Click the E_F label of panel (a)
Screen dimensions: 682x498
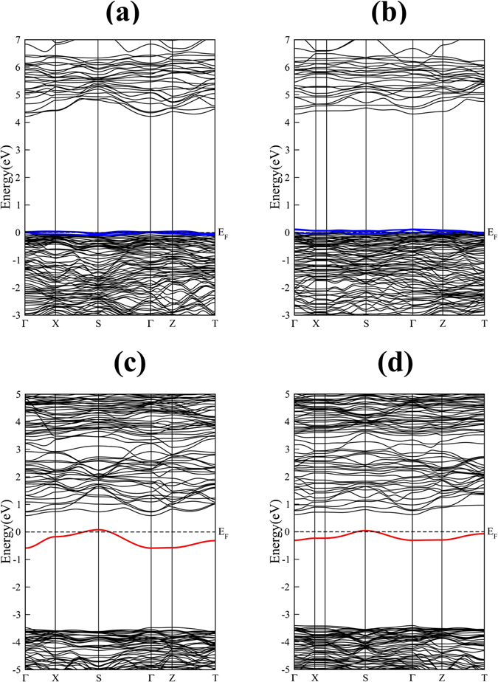pyautogui.click(x=224, y=235)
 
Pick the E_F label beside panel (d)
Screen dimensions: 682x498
pyautogui.click(x=493, y=533)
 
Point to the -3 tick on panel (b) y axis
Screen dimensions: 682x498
pyautogui.click(x=286, y=315)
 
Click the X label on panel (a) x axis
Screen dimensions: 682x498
pyautogui.click(x=55, y=324)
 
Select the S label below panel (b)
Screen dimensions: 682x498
pyautogui.click(x=366, y=324)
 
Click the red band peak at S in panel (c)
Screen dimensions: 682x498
pyautogui.click(x=98, y=529)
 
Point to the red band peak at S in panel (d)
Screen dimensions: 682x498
pyautogui.click(x=366, y=530)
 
